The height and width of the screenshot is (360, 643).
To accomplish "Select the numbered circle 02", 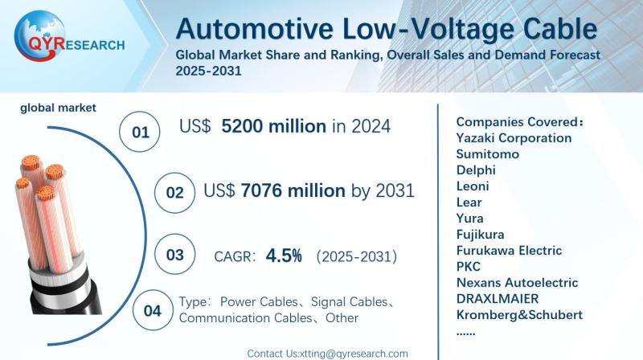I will click(x=174, y=193).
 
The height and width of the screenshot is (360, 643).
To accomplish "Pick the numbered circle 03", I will click(x=174, y=256).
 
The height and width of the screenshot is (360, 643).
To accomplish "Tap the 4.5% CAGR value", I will click(x=285, y=256).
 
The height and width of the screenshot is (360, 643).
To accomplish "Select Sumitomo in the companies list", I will click(x=487, y=153).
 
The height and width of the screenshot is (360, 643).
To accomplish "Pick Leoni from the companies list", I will click(x=472, y=186).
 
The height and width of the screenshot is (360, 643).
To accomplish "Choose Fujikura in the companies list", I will click(x=481, y=234).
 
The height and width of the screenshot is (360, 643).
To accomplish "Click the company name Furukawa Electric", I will click(x=508, y=250).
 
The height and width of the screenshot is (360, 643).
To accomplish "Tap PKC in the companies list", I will click(x=468, y=266).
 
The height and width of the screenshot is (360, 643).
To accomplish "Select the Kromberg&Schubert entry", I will click(x=518, y=314).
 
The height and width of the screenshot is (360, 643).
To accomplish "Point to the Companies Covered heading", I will click(x=519, y=121).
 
